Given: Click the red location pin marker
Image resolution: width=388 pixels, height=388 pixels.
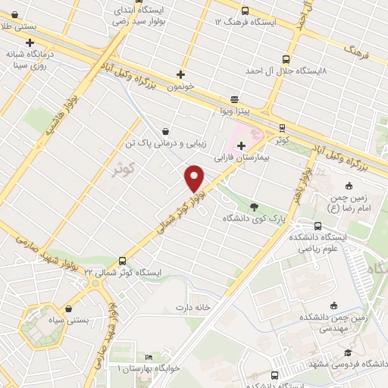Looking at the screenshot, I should click(x=195, y=177).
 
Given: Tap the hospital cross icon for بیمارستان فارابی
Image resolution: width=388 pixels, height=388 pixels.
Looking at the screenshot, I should click(x=241, y=145).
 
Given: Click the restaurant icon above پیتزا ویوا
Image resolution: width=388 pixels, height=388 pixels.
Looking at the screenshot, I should click(x=234, y=99).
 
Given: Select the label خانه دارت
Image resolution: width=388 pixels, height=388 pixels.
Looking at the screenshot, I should click(x=192, y=307).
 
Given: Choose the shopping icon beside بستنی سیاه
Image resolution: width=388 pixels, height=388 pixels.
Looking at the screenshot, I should click(x=70, y=308).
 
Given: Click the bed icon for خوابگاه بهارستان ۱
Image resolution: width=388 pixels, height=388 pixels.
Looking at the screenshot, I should click(x=149, y=356).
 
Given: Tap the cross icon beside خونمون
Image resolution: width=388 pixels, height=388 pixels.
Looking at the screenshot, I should click(x=180, y=74).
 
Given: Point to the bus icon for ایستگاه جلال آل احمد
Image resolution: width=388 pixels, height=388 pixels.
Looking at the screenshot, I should click(x=286, y=59).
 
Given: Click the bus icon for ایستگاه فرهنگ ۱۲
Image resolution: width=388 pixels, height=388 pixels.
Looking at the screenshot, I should click(x=244, y=11).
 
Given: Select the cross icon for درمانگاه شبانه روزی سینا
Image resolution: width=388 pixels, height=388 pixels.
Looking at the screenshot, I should click(x=30, y=42).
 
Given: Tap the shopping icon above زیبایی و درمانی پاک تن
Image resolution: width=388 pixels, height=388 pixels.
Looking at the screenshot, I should click(x=165, y=130).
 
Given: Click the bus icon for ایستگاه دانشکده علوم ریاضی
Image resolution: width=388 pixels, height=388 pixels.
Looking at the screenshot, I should click(x=317, y=225).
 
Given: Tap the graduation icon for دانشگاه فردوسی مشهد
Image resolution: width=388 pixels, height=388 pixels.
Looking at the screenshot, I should click(x=348, y=353).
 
